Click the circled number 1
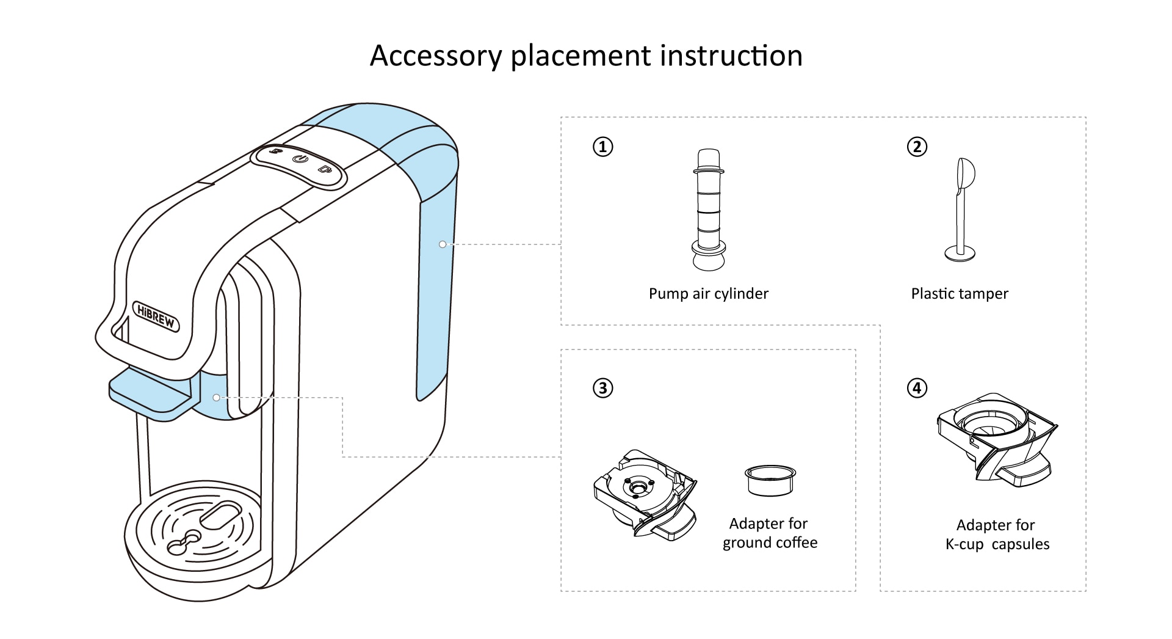point(603,147)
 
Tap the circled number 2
point(917,147)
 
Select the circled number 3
point(603,388)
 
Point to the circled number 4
point(917,388)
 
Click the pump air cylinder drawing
point(709,209)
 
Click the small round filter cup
point(770,480)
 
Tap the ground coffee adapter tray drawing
point(645,494)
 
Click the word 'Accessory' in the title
point(435,56)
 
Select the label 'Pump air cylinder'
point(709,294)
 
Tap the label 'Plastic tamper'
point(960,294)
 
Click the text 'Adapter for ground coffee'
point(770,533)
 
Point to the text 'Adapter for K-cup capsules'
point(997,535)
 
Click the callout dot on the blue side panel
point(442,244)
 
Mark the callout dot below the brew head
point(217,398)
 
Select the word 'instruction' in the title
point(731,56)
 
